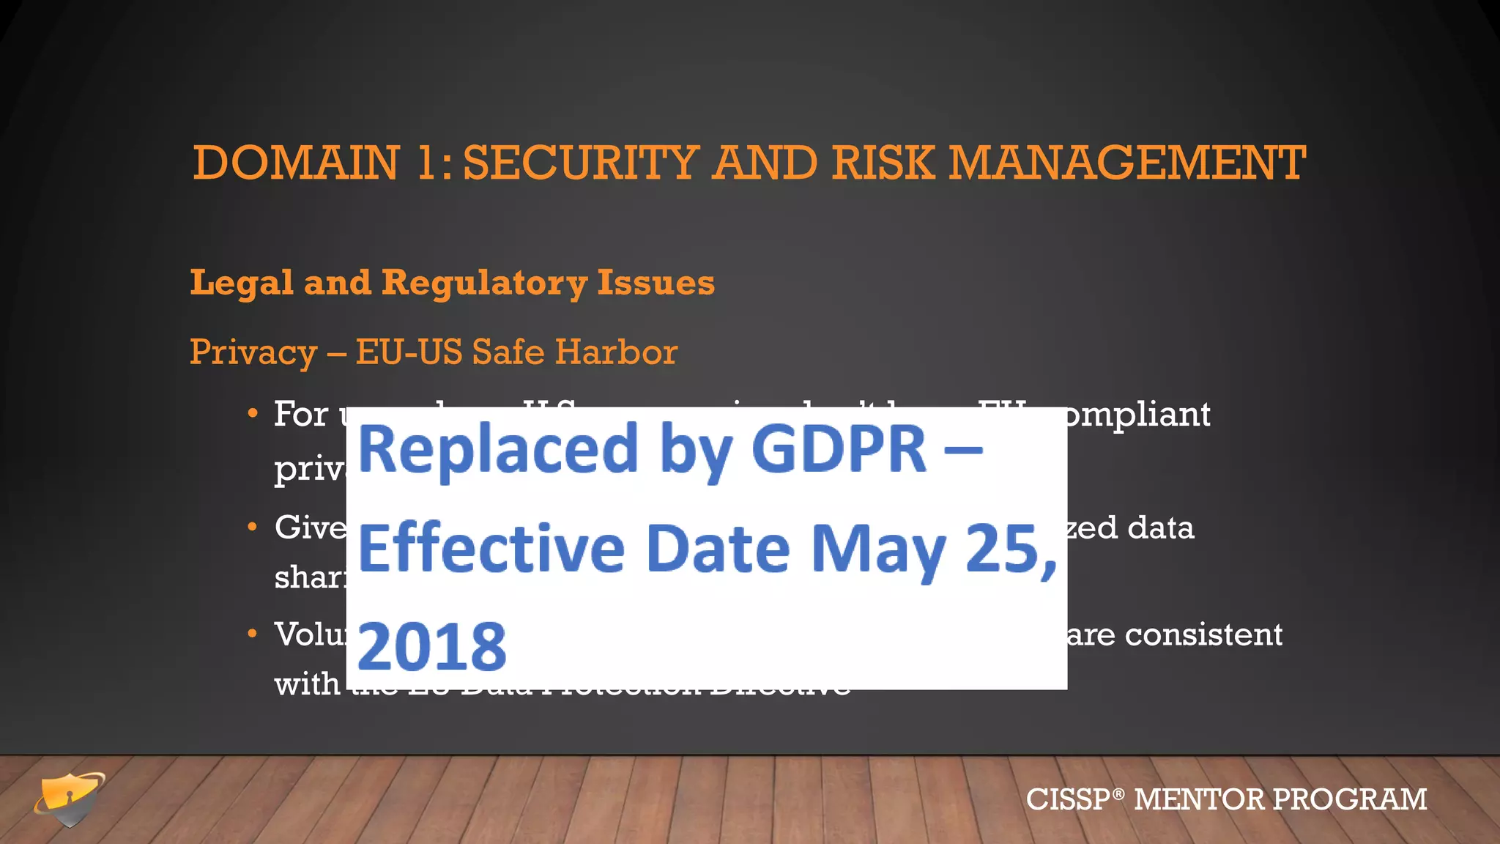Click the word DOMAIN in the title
click(x=296, y=163)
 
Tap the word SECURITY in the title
click(x=580, y=163)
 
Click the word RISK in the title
click(x=883, y=163)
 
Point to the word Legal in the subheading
click(x=242, y=283)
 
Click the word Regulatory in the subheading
click(x=484, y=283)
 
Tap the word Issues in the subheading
click(x=656, y=283)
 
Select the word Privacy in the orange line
click(x=253, y=352)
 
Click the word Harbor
click(x=616, y=352)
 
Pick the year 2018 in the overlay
click(x=432, y=646)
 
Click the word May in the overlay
click(x=878, y=549)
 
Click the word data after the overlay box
click(x=1160, y=527)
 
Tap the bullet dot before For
click(x=252, y=414)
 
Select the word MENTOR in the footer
click(x=1198, y=799)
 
